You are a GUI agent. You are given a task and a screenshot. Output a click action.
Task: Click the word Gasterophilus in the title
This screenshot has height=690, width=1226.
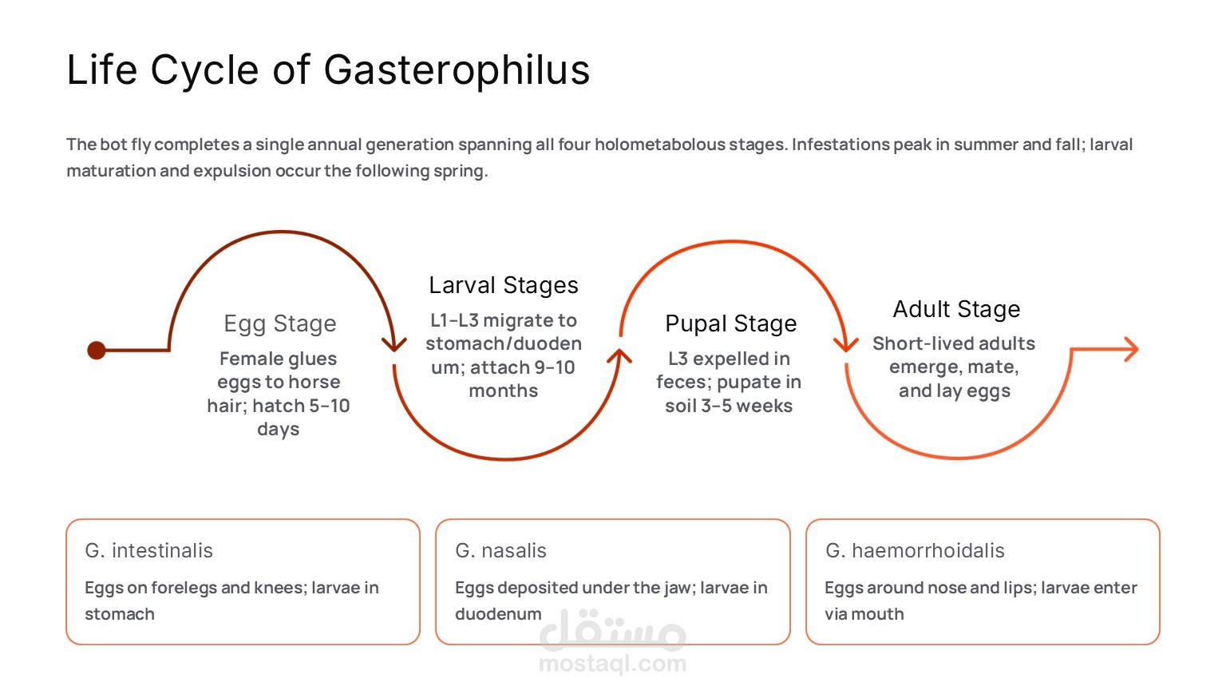click(457, 69)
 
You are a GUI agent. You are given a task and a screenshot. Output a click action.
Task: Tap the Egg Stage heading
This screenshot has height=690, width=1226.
click(280, 323)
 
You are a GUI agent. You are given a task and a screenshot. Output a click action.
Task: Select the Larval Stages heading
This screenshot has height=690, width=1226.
click(504, 285)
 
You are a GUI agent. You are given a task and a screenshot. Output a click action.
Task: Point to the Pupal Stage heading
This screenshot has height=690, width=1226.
click(731, 323)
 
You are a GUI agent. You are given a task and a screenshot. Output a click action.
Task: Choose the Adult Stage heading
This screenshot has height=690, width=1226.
click(956, 309)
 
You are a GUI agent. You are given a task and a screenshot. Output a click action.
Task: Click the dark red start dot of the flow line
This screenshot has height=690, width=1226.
click(97, 350)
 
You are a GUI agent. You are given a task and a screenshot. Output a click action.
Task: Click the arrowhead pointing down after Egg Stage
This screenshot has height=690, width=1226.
click(394, 343)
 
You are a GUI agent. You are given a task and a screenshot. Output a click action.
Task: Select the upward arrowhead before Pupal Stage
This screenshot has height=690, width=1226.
click(619, 356)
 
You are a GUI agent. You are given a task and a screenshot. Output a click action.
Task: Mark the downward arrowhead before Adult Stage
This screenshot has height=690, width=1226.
click(845, 343)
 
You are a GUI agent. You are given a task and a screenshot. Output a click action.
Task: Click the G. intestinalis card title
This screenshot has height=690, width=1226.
click(149, 550)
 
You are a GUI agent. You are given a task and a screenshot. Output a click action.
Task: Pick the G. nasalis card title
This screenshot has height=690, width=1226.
click(501, 550)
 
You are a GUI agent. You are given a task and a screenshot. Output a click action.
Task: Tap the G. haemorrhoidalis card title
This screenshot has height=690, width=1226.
click(915, 550)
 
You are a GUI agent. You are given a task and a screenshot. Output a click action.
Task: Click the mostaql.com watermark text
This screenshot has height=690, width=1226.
click(612, 663)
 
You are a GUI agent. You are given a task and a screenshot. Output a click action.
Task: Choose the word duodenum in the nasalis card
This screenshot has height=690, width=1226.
click(498, 614)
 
